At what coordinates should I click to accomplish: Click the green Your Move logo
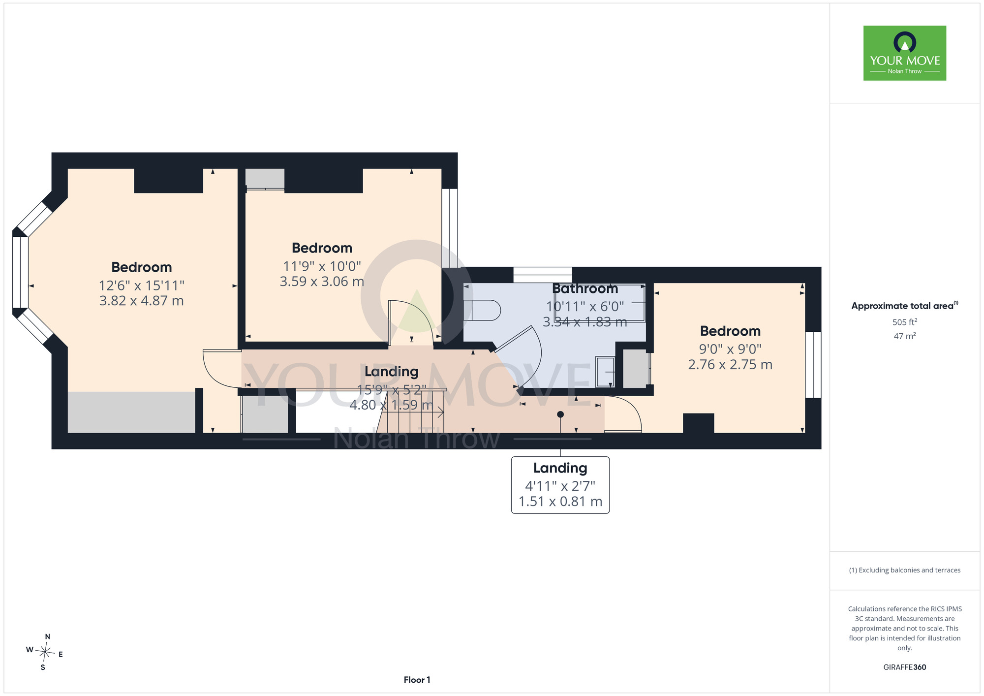(x=904, y=53)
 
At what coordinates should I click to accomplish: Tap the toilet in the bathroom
(x=482, y=310)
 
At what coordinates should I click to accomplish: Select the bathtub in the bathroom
(x=600, y=303)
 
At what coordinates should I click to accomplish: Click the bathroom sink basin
(x=605, y=372)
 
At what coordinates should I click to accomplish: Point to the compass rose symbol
(x=45, y=653)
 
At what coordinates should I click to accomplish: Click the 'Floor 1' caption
(x=417, y=680)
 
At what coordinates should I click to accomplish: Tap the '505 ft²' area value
(x=905, y=322)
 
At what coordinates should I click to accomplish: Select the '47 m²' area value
(x=905, y=336)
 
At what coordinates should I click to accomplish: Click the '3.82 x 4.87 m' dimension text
(x=142, y=301)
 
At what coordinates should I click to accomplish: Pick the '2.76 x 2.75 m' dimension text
(x=730, y=365)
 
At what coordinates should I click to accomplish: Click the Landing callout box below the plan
(x=560, y=485)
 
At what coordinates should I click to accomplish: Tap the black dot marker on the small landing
(x=560, y=414)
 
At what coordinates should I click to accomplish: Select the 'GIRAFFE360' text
(x=905, y=667)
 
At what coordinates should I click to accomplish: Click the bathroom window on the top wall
(x=543, y=275)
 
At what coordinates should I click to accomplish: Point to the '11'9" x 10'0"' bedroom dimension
(x=322, y=266)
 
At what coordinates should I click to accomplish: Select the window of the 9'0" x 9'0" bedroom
(x=813, y=365)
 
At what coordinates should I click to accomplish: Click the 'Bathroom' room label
(x=585, y=288)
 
